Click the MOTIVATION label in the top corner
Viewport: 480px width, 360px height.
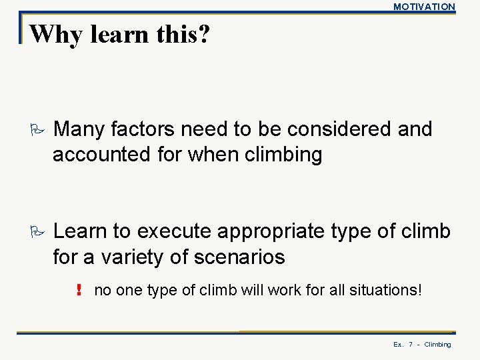(424, 7)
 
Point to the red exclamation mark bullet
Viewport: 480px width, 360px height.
(79, 290)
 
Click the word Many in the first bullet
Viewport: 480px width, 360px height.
(80, 129)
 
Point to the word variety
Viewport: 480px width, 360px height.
(134, 257)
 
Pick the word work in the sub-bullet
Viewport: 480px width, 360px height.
(287, 290)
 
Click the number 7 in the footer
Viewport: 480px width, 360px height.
(411, 345)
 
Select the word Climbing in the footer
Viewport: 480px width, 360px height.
(437, 345)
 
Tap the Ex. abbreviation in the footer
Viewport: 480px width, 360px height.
(398, 345)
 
